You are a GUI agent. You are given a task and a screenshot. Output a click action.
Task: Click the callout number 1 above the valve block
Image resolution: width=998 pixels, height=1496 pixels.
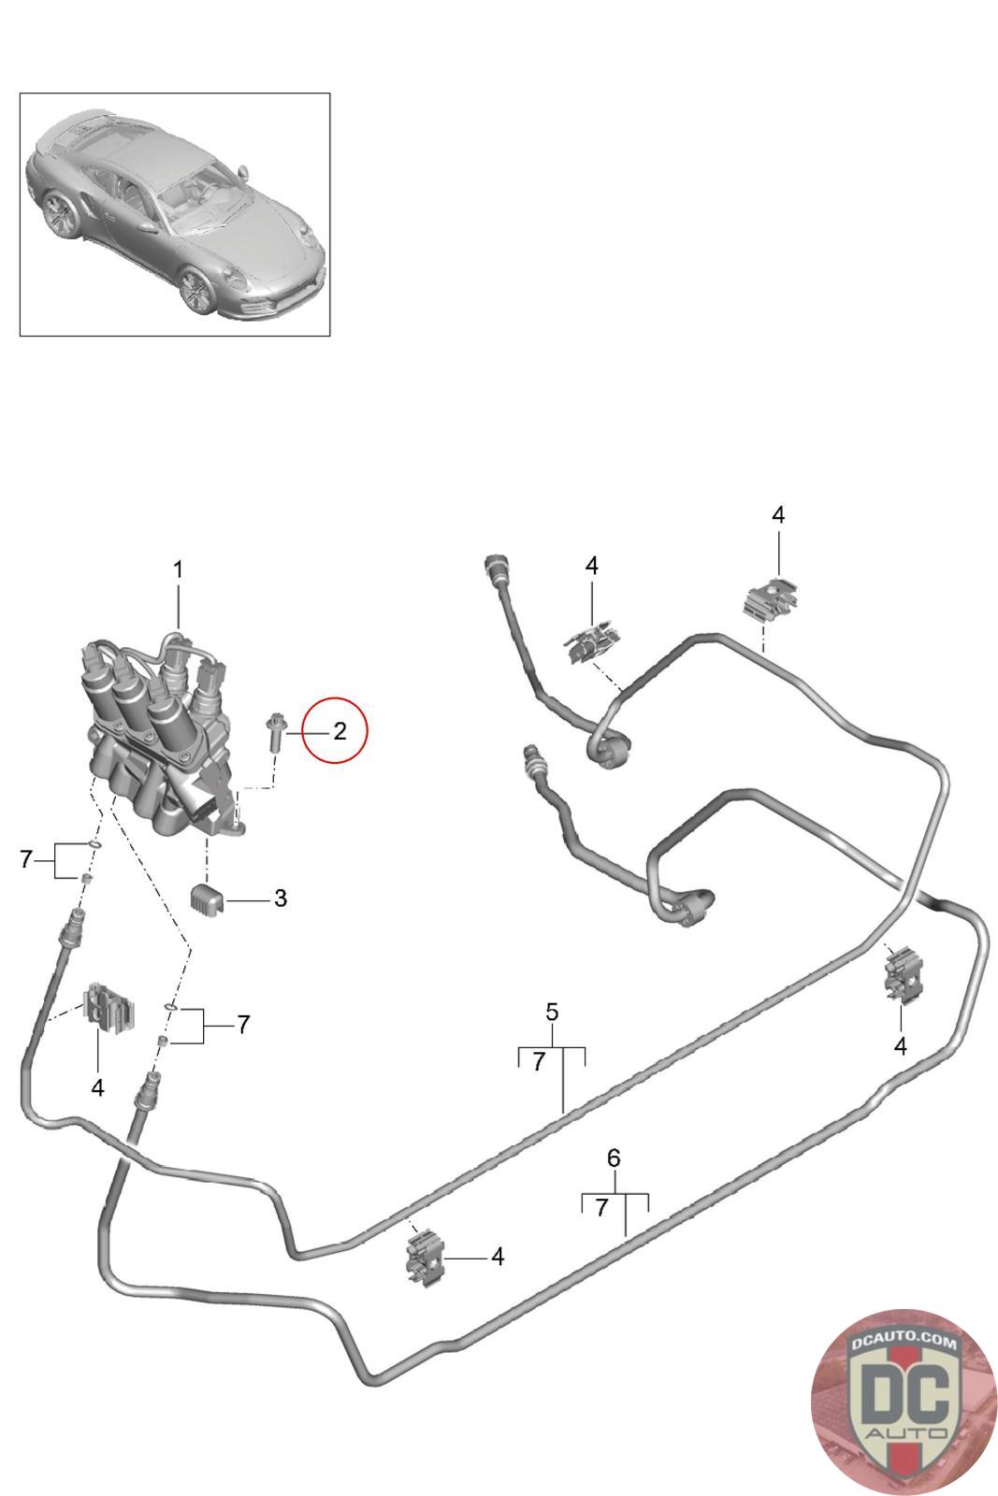(x=178, y=570)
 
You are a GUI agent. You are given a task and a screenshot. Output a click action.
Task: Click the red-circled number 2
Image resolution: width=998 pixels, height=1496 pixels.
(x=340, y=730)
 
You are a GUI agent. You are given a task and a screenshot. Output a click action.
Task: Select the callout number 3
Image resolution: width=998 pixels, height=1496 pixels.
(x=281, y=899)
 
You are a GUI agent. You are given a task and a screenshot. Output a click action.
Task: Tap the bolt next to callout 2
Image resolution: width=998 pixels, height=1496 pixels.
(x=275, y=733)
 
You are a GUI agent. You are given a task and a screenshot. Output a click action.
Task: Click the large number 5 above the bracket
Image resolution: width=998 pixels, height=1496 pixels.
(x=552, y=1012)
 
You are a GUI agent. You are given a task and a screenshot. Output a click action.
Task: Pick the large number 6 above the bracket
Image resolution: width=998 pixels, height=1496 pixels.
(x=614, y=1158)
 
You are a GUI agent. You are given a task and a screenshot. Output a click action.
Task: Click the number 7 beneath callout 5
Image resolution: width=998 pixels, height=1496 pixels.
(x=539, y=1061)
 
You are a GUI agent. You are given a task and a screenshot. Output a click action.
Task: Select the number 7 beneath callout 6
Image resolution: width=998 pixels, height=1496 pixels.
(x=601, y=1207)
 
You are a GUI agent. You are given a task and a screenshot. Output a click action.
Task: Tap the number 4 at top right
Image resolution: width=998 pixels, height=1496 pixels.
(x=778, y=514)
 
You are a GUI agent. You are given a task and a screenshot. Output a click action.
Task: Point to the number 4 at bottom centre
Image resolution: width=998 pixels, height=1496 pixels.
(x=497, y=1257)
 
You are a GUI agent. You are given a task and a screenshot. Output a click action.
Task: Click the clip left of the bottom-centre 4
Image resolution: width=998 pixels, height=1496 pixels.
(x=425, y=1258)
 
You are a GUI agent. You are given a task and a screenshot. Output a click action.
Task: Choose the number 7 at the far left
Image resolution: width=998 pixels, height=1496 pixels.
(x=26, y=859)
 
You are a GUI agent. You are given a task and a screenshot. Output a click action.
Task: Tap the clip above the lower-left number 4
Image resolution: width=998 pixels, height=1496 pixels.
(x=108, y=1009)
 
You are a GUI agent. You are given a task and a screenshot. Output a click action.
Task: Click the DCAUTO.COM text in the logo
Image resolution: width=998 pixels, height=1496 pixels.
(x=903, y=1341)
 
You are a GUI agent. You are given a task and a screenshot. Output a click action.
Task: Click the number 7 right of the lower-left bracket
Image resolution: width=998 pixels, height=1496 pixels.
(x=243, y=1024)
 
